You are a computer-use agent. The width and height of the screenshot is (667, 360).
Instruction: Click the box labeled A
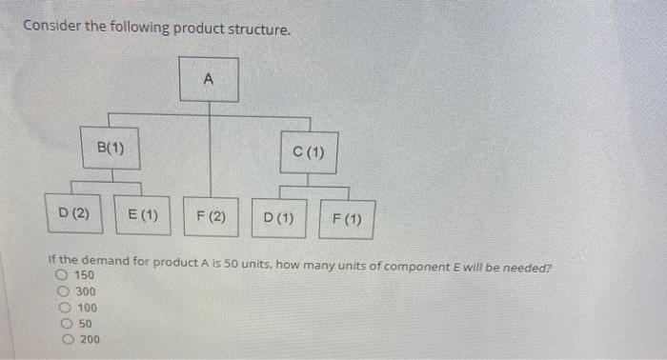[x=209, y=81]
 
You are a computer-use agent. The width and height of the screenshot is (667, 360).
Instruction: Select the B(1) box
[x=111, y=148]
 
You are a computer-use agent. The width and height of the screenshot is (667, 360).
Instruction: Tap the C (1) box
[x=309, y=152]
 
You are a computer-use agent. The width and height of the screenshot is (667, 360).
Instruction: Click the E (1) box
[x=143, y=216]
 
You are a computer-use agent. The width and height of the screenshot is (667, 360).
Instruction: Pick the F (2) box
[x=211, y=216]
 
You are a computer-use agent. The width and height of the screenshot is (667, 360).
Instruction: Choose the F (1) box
[x=347, y=219]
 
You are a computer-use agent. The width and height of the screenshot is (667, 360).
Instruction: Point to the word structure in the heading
[x=255, y=29]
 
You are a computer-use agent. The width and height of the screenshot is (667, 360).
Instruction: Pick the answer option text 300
[x=86, y=292]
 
